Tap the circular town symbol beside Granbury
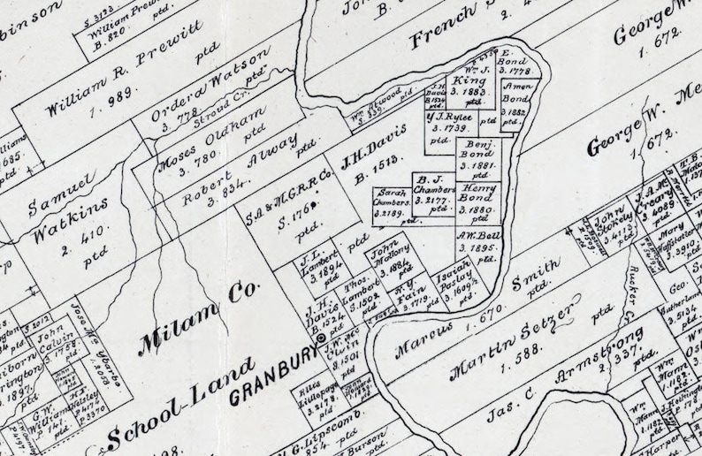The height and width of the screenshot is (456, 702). pyautogui.click(x=320, y=338)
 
